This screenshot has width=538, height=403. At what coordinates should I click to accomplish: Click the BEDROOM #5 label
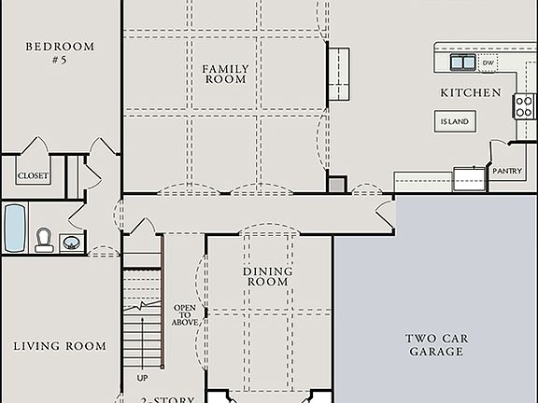[60, 52]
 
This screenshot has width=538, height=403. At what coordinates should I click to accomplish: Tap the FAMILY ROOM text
[225, 74]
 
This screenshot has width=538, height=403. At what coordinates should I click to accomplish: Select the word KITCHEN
[471, 93]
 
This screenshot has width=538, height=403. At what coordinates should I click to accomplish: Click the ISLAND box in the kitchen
[455, 120]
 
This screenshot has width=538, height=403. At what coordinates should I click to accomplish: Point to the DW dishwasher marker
[488, 63]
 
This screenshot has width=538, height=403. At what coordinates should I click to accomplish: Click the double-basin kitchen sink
[462, 63]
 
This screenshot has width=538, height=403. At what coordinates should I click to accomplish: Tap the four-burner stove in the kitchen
[524, 105]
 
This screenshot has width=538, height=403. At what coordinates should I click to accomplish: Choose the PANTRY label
[506, 172]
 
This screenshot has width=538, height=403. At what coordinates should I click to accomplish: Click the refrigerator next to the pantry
[469, 178]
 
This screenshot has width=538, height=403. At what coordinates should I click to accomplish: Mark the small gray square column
[336, 185]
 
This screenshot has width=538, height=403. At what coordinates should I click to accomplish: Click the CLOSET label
[33, 176]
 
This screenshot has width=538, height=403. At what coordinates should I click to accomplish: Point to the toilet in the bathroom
[44, 241]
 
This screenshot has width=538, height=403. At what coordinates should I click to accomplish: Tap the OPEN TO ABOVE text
[182, 316]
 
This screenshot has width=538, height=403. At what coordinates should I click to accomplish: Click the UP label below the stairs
[142, 379]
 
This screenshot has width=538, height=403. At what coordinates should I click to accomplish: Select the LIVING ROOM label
[60, 346]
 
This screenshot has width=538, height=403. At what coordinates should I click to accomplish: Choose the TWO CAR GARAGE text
[435, 345]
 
